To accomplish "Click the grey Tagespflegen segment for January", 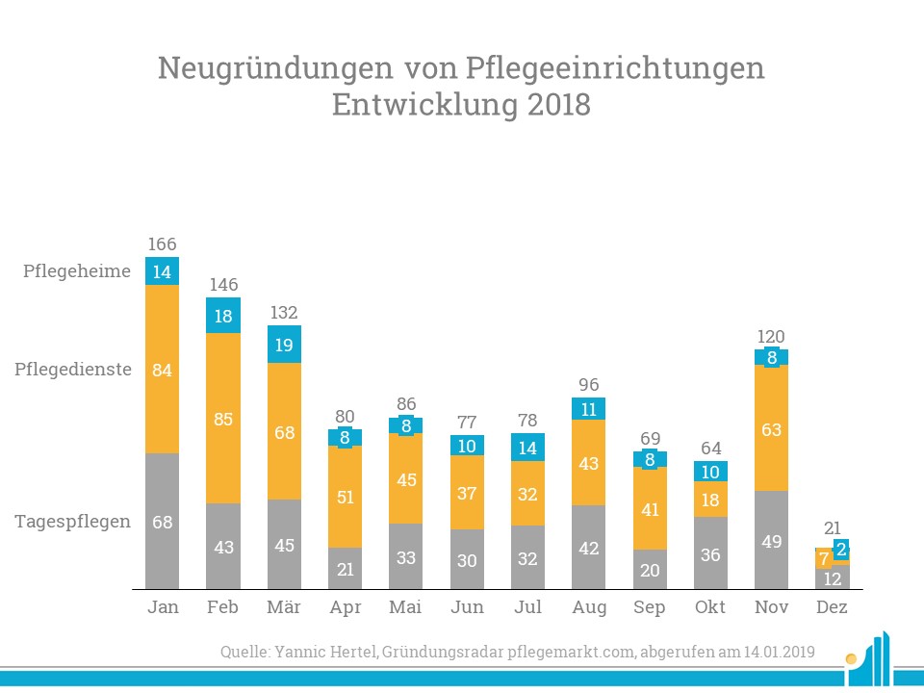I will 162,521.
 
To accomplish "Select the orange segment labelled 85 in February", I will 223,419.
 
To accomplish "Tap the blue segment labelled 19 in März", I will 284,345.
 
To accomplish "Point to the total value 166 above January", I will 162,244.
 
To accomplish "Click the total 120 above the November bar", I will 771,337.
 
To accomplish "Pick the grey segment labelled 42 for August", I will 589,547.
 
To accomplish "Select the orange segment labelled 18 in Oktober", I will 710,500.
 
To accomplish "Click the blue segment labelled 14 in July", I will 527,447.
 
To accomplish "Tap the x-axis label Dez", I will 832,608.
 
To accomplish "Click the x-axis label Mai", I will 406,608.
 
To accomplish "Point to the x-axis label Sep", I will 650,608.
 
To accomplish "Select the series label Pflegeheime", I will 77,271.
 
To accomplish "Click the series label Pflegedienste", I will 73,370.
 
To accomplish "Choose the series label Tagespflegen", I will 73,522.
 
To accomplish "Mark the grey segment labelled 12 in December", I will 832,578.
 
